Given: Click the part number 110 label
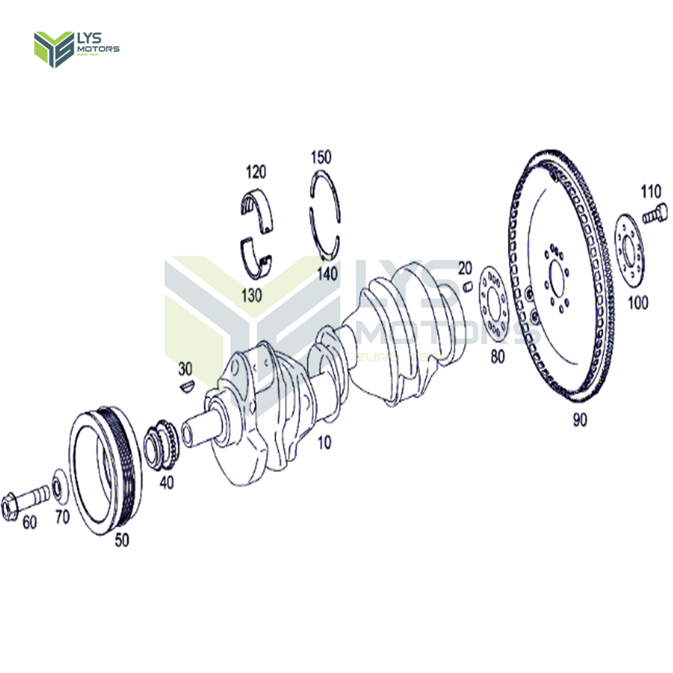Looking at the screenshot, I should [651, 192].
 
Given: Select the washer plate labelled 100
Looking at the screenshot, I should [631, 253].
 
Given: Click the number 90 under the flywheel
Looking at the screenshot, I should [580, 420].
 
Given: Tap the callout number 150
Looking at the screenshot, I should [321, 157].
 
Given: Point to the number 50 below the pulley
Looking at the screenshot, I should [122, 539].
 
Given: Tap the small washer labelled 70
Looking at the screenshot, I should [59, 487].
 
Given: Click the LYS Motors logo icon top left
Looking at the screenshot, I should [53, 49].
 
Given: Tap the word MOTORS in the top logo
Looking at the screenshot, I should [98, 49].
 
